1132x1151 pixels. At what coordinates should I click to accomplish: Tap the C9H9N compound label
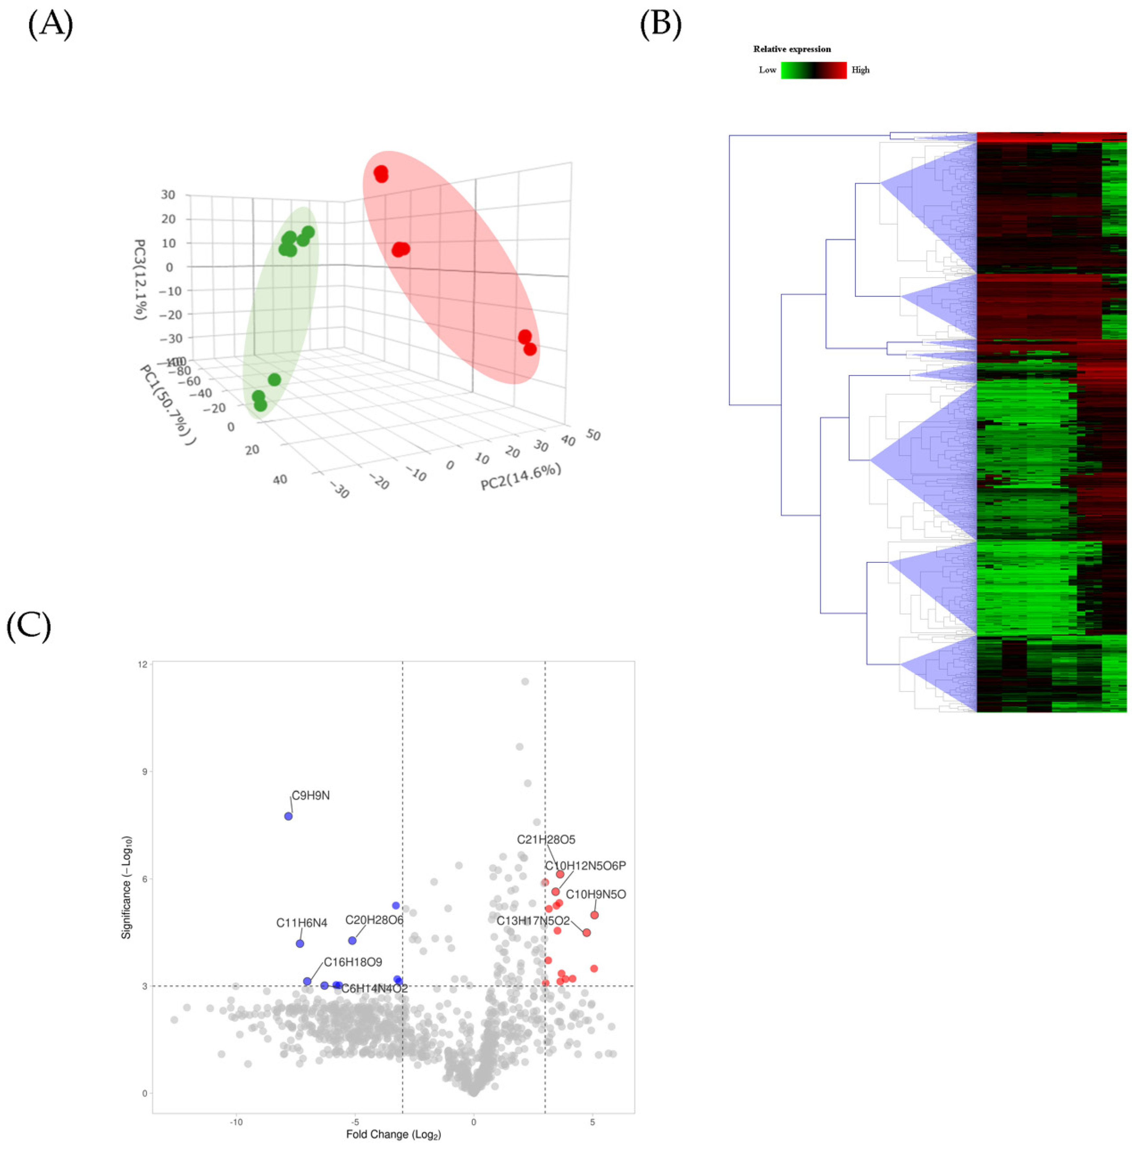[x=310, y=795]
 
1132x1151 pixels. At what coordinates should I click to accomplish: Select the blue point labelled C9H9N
[x=288, y=816]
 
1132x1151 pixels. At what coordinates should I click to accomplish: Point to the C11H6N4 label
[x=301, y=923]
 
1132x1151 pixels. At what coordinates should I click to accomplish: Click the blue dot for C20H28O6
[x=353, y=941]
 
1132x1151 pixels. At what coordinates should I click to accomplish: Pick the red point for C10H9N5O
[x=594, y=915]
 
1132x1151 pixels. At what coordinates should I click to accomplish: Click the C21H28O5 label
[x=546, y=840]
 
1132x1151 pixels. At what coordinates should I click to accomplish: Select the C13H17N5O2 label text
[x=533, y=921]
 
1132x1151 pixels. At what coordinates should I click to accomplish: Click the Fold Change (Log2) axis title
[x=393, y=1134]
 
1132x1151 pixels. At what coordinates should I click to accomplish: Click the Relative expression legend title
[x=792, y=49]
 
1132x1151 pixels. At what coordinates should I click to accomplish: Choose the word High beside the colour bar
[x=860, y=70]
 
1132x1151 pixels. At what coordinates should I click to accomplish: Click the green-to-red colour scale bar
[x=813, y=70]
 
